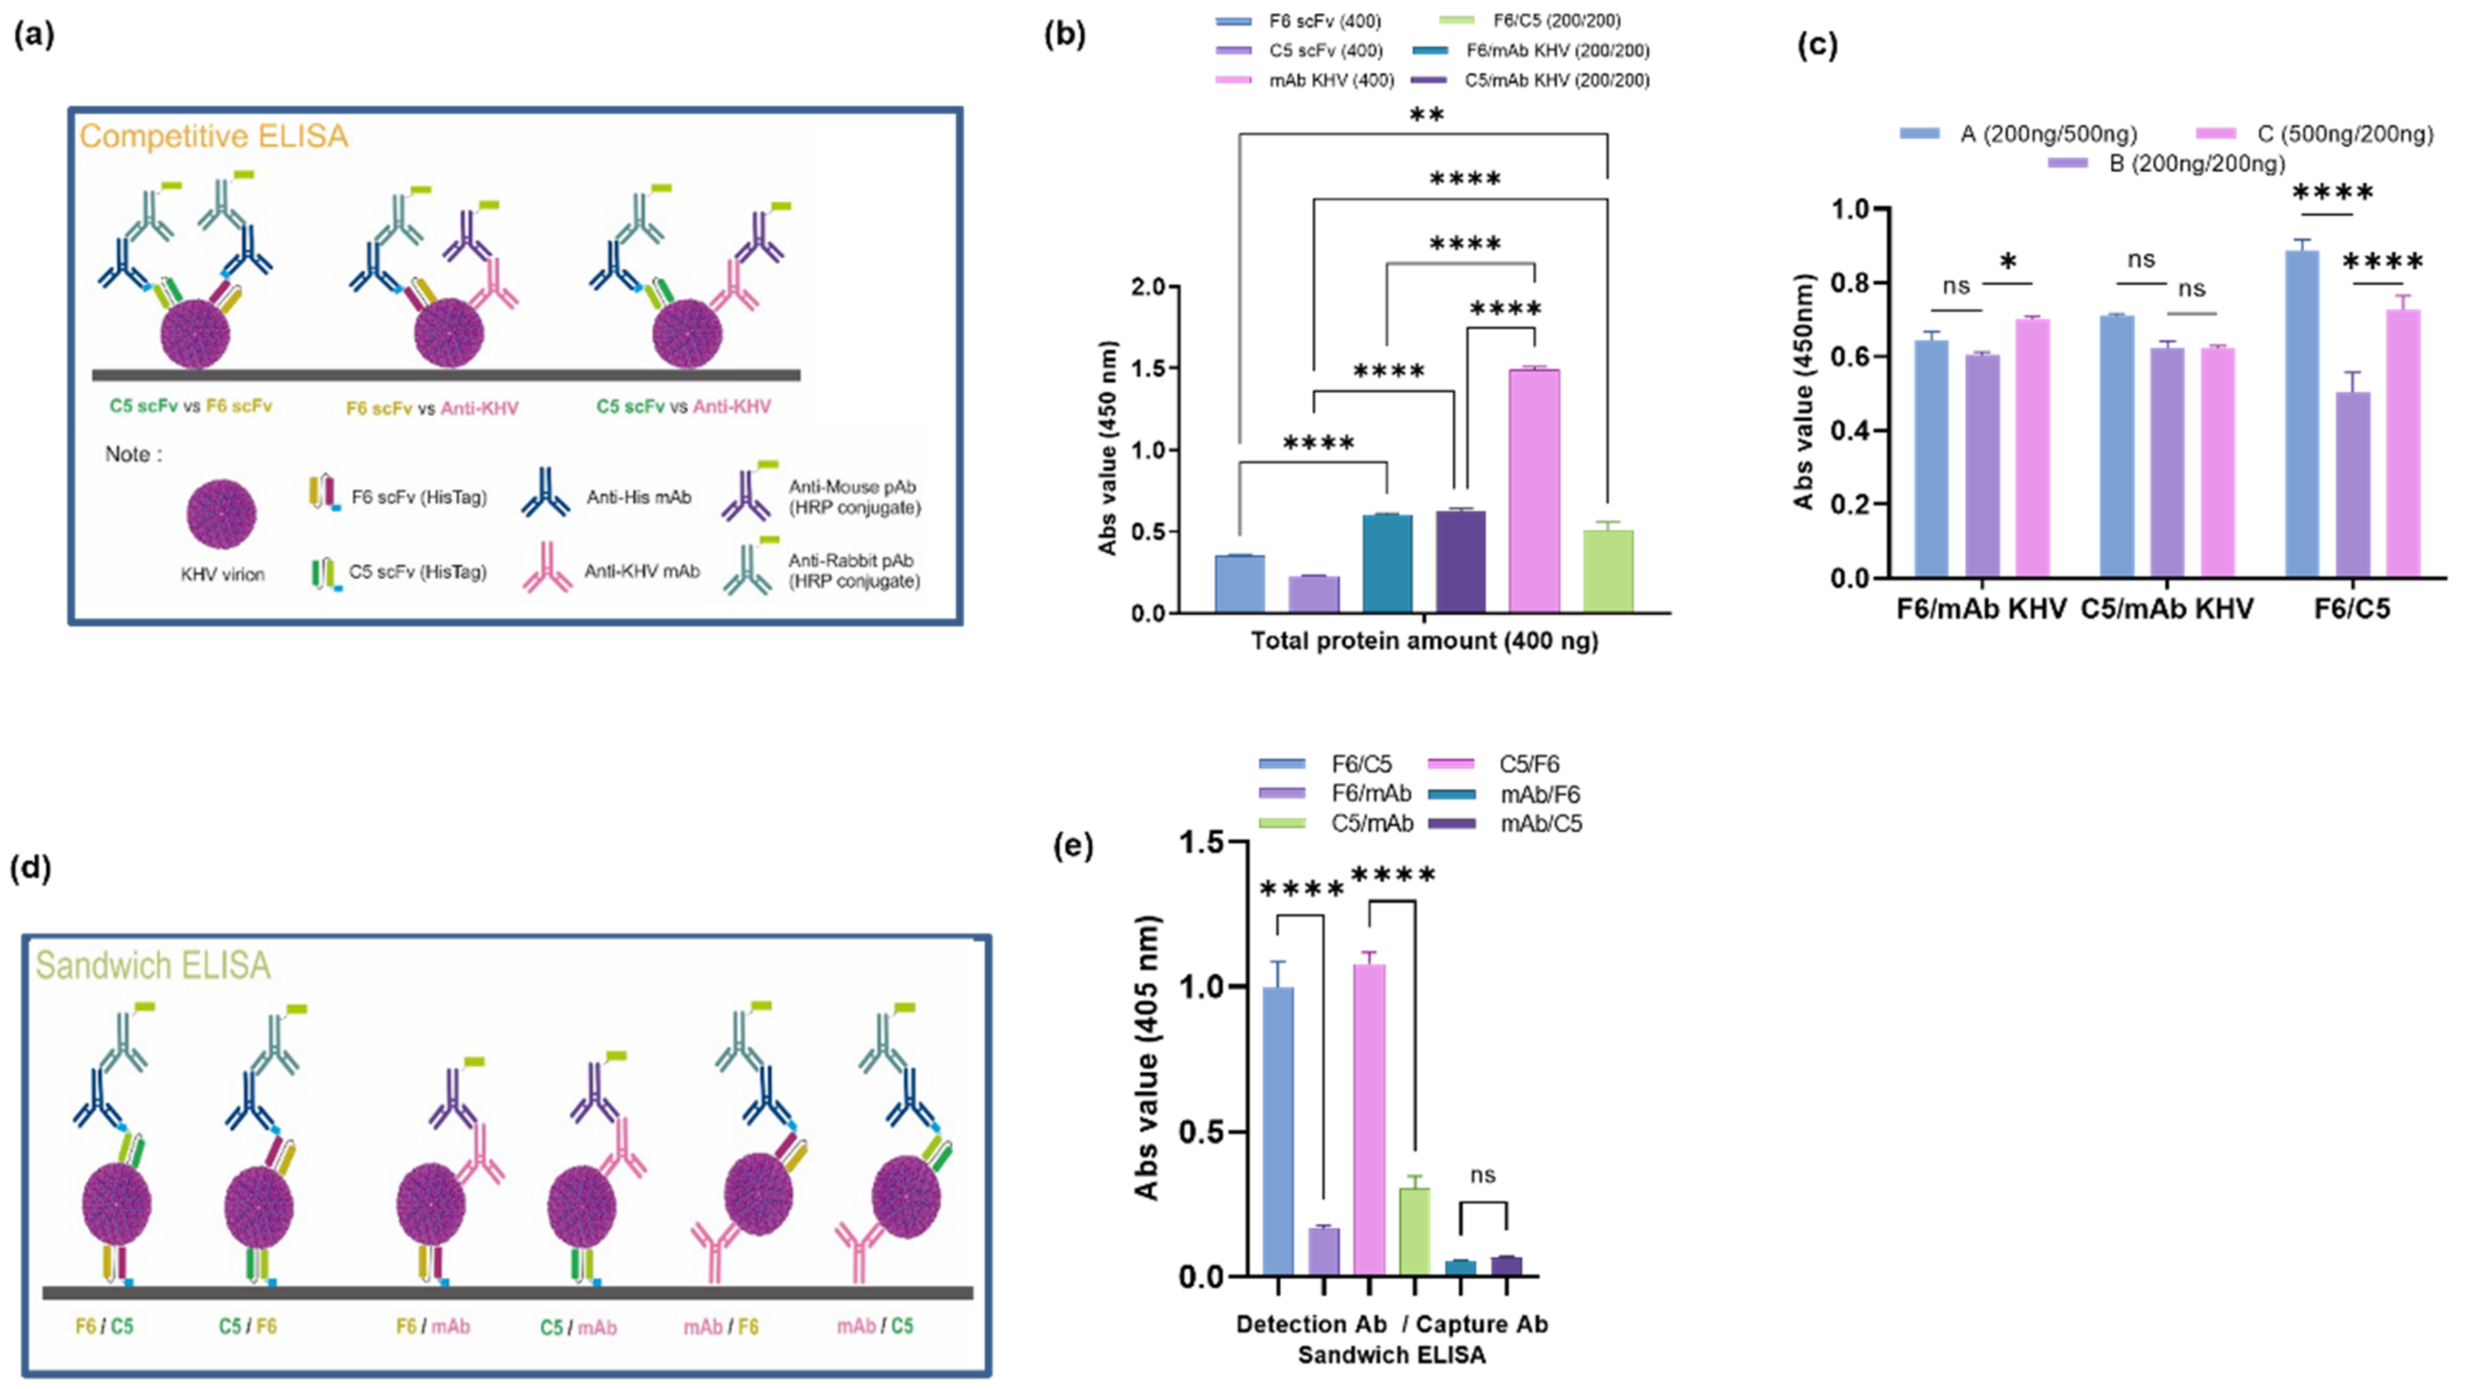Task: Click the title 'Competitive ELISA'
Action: pos(214,136)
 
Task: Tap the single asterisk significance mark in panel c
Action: pos(2008,263)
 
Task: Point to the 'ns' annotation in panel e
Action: pos(1482,1175)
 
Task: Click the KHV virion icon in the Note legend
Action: pos(221,514)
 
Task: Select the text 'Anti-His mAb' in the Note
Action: pos(639,498)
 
